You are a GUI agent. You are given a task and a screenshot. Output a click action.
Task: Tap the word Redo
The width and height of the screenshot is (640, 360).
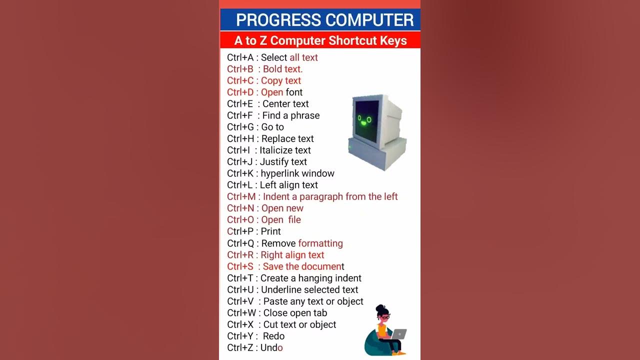pyautogui.click(x=273, y=336)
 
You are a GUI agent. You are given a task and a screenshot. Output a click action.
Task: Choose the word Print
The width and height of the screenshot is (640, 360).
pyautogui.click(x=270, y=231)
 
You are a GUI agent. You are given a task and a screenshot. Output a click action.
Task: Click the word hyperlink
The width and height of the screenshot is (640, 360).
pyautogui.click(x=279, y=173)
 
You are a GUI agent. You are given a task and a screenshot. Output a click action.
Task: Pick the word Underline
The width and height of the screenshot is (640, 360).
pyautogui.click(x=281, y=289)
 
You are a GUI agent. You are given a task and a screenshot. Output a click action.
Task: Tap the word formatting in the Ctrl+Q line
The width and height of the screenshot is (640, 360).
pyautogui.click(x=320, y=243)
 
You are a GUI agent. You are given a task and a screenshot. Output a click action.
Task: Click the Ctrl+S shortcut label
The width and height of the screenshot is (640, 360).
pyautogui.click(x=240, y=266)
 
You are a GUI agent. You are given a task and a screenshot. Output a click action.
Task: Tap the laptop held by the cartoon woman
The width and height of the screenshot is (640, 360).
pyautogui.click(x=399, y=334)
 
